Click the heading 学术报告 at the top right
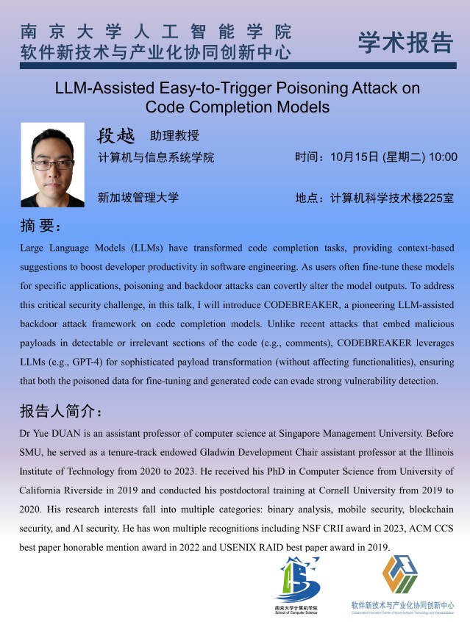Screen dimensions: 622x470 coord(405,43)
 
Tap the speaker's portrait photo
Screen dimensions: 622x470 coord(52,164)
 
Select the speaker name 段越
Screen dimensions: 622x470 coord(116,136)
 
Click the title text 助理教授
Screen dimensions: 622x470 coord(174,136)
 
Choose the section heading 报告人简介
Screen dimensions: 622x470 coord(65,410)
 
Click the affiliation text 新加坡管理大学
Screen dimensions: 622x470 coord(138,197)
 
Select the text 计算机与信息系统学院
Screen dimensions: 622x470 coord(156,157)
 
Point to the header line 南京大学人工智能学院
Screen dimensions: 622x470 coord(157,32)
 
